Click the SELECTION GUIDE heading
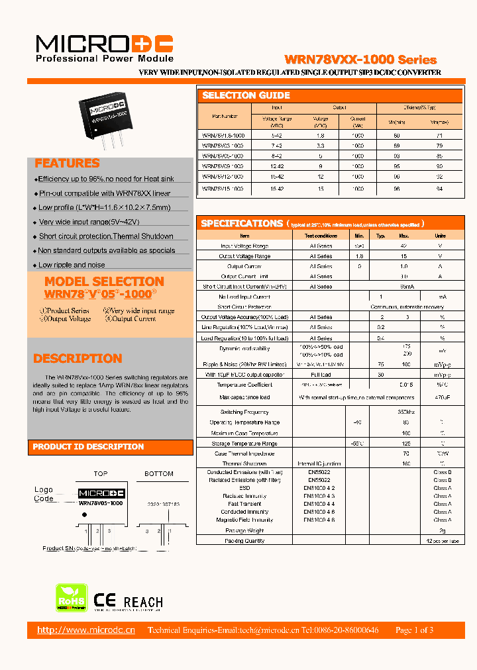[x=246, y=95]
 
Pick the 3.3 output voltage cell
[x=321, y=144]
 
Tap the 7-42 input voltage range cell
[x=277, y=144]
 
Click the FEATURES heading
[x=67, y=164]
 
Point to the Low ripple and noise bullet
[x=72, y=265]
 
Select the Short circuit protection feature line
[x=106, y=236]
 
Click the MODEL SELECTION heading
[x=104, y=281]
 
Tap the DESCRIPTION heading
[x=78, y=359]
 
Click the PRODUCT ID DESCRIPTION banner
[x=88, y=447]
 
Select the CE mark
[x=105, y=601]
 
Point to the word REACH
[x=143, y=602]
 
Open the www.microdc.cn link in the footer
[x=86, y=630]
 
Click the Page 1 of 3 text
[x=414, y=630]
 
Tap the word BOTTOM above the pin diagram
[x=158, y=474]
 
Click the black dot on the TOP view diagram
[x=83, y=507]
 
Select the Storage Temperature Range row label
[x=244, y=444]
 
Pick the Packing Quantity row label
[x=244, y=541]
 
